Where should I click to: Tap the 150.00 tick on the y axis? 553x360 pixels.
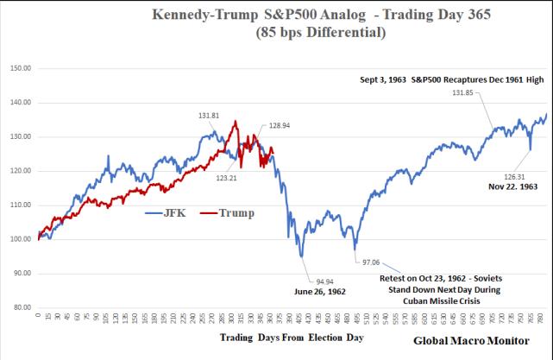point(19,68)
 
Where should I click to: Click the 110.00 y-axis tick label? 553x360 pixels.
point(19,205)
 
